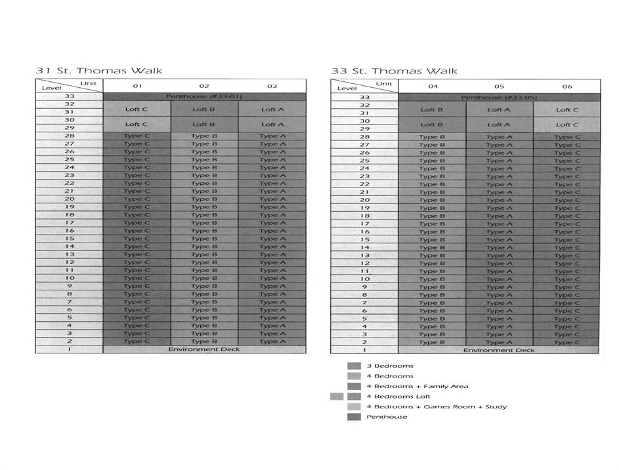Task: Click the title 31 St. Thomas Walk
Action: pos(98,70)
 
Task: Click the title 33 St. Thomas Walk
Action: pos(394,71)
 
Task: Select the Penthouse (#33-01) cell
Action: pos(204,96)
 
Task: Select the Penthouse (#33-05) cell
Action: pos(499,97)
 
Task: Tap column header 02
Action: pos(204,86)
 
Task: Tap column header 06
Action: pos(566,86)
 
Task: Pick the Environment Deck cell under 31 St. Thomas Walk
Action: pos(204,349)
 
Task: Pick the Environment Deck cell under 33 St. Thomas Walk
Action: pos(499,350)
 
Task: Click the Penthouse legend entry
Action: pos(387,417)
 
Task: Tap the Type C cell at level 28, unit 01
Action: pos(137,136)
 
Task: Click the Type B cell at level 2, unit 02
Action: pos(204,342)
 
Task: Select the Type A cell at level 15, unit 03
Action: pos(272,239)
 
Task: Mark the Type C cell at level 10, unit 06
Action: pos(566,279)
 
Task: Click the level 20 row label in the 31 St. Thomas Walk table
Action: pos(69,199)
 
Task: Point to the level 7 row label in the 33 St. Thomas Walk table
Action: pos(364,303)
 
